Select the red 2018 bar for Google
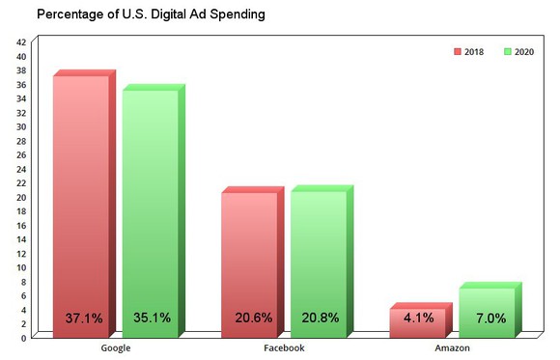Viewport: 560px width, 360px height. click(x=80, y=193)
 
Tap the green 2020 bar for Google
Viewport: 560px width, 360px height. click(x=149, y=203)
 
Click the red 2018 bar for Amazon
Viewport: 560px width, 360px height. click(x=417, y=322)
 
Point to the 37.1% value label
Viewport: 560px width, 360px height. click(x=81, y=318)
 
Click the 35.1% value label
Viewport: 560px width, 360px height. click(x=151, y=318)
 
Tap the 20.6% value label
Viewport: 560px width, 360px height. click(x=250, y=318)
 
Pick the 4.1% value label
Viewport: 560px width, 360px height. click(x=419, y=318)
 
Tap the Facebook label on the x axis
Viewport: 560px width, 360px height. click(x=284, y=348)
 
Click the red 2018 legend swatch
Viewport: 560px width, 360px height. click(x=459, y=52)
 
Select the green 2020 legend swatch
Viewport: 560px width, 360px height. click(x=507, y=52)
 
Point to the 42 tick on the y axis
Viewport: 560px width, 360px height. click(x=21, y=42)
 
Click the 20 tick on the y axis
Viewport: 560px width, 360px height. click(x=21, y=197)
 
